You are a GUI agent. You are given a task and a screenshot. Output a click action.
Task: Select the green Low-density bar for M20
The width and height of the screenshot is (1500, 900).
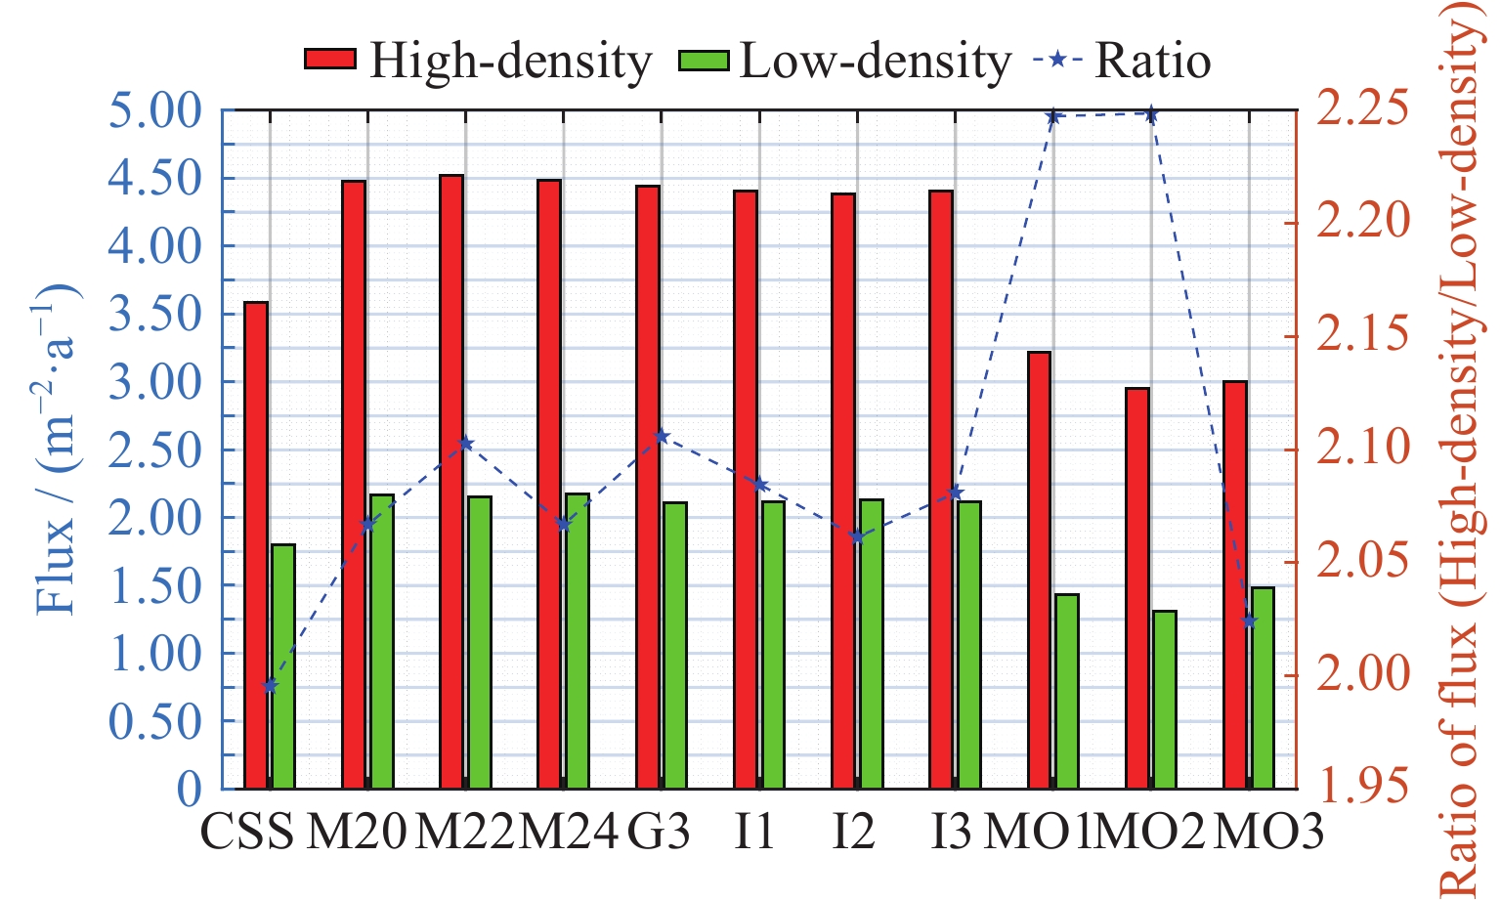click(x=381, y=641)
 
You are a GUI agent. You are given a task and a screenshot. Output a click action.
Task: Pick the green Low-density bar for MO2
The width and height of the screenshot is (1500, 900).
click(x=1165, y=700)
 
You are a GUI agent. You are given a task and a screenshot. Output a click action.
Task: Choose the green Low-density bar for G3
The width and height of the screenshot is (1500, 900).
click(x=675, y=645)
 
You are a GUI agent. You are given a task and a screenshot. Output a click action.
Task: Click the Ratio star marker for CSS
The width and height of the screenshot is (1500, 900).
click(x=271, y=686)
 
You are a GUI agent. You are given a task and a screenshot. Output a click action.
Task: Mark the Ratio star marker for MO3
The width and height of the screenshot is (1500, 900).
click(x=1249, y=621)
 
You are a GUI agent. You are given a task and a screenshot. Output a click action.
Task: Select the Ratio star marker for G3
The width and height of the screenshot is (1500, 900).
click(x=662, y=436)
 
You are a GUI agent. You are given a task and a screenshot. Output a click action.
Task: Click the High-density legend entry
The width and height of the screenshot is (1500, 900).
click(x=478, y=61)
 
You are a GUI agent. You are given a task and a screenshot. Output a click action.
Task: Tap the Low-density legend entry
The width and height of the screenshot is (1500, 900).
click(x=845, y=61)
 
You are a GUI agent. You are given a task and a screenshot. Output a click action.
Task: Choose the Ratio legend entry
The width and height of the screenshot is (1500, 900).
click(x=1124, y=61)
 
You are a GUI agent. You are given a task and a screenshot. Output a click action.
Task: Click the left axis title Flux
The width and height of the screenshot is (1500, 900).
click(x=57, y=450)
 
